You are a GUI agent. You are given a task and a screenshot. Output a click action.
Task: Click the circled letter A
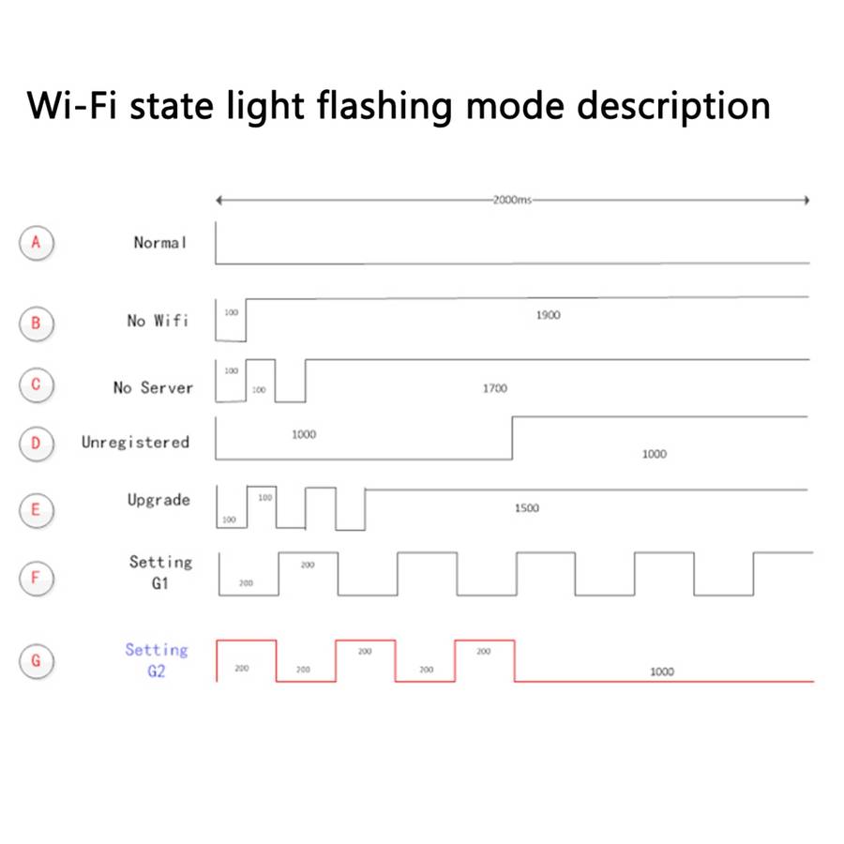[x=37, y=243]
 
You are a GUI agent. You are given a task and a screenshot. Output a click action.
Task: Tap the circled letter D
[x=37, y=443]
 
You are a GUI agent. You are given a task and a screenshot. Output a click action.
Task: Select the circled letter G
[x=37, y=660]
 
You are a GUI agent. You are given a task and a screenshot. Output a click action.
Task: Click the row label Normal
[x=160, y=243]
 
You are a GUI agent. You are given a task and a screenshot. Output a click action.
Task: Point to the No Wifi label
[x=158, y=321]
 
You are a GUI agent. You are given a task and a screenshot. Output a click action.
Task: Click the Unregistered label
[x=135, y=442]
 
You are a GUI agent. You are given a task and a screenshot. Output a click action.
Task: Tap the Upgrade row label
[x=158, y=500]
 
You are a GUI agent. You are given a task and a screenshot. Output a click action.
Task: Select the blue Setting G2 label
[x=157, y=660]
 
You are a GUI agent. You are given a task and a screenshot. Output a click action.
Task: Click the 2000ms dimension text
[x=512, y=200]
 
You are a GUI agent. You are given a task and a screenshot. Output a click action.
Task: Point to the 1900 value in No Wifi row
[x=549, y=315]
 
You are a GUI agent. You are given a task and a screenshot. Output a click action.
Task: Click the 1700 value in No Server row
[x=495, y=387]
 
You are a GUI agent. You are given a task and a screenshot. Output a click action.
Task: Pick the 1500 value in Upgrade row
[x=527, y=508]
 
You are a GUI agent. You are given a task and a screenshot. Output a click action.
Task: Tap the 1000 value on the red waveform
[x=662, y=671]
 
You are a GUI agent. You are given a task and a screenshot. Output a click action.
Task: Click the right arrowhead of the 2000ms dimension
[x=806, y=200]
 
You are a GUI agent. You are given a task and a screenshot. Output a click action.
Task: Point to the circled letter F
[x=37, y=577]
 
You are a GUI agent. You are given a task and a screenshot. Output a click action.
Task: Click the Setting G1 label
[x=160, y=572]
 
